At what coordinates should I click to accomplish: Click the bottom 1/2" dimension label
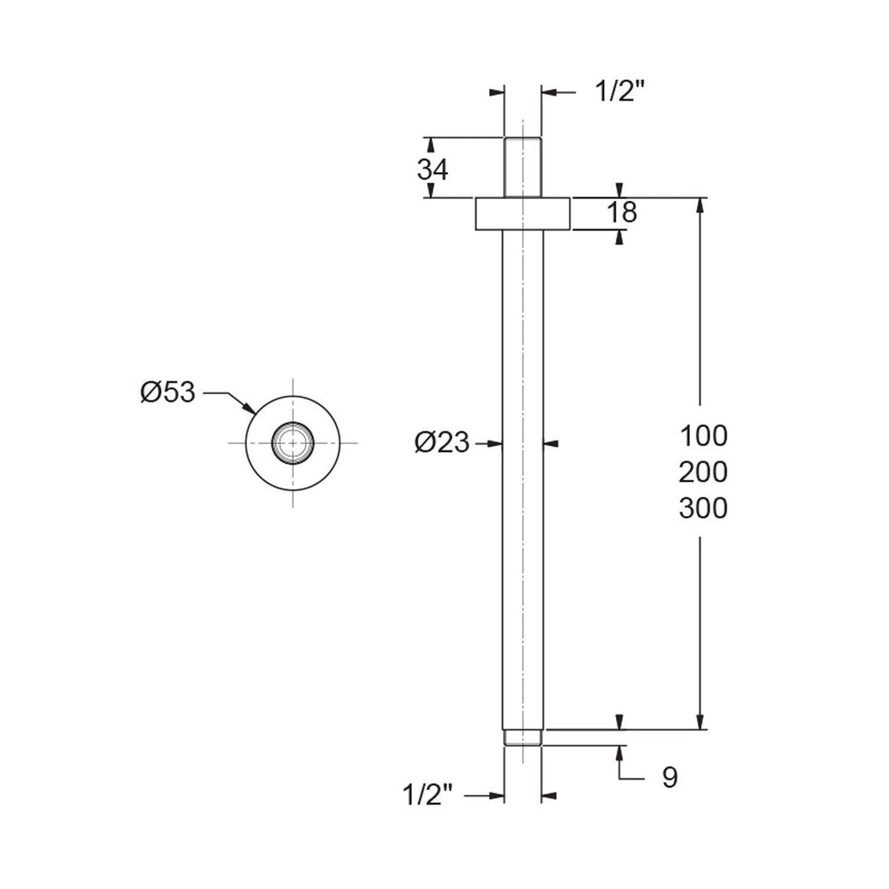[428, 795]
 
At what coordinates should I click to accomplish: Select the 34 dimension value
[433, 170]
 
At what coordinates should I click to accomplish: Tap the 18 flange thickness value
[622, 212]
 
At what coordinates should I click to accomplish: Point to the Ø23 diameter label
[442, 443]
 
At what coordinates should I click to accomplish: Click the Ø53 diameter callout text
[168, 392]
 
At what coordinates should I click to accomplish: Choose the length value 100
[703, 436]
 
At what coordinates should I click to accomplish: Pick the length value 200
[703, 472]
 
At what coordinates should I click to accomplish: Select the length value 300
[703, 509]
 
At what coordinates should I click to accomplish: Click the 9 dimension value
[670, 778]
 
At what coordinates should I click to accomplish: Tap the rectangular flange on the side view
[523, 213]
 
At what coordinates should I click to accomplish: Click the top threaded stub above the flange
[523, 167]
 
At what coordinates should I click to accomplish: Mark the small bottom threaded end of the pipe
[523, 737]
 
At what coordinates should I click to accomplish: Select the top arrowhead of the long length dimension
[701, 206]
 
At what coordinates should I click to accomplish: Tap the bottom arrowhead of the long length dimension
[701, 720]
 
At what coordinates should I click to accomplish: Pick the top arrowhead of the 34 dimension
[431, 146]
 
